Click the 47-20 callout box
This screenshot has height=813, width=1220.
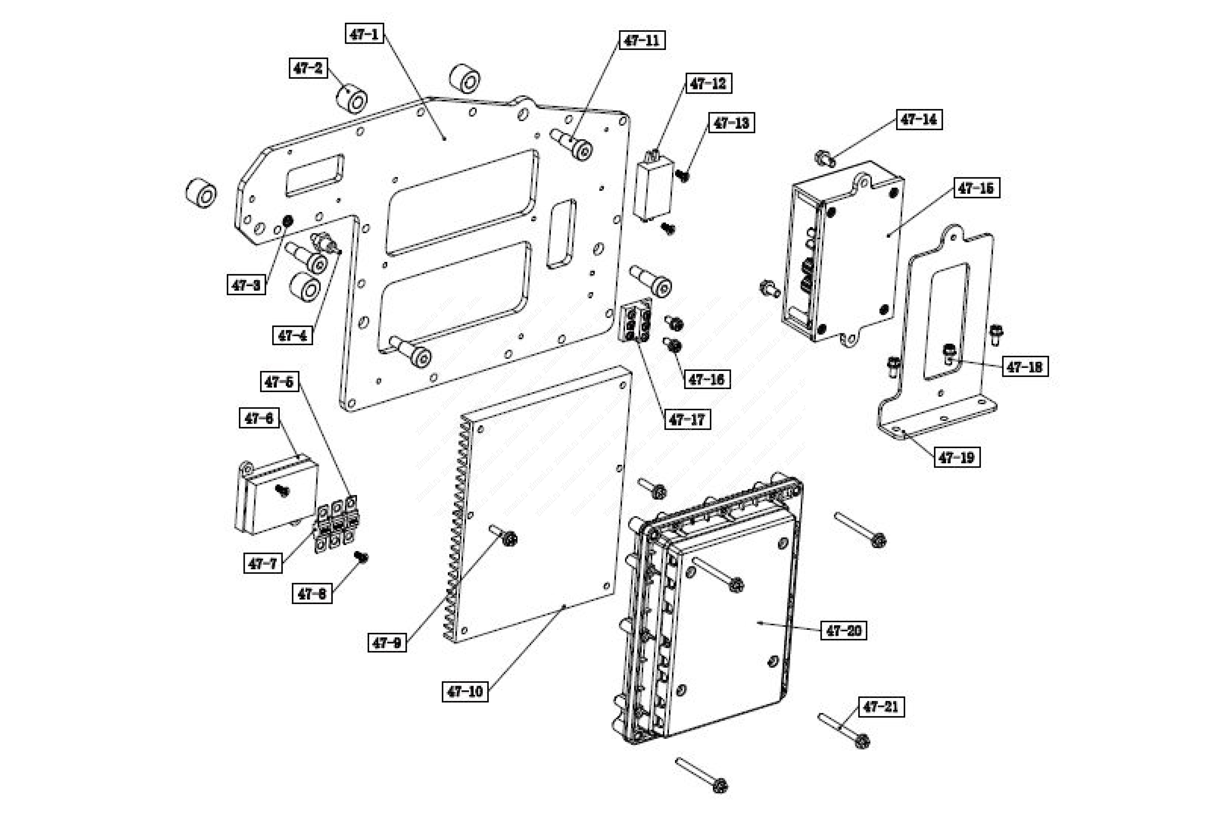click(x=843, y=630)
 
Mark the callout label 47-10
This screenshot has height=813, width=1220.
click(x=465, y=691)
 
